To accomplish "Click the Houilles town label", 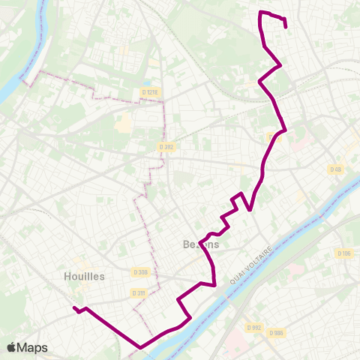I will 84,276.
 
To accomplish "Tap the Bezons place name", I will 201,244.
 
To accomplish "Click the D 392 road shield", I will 167,147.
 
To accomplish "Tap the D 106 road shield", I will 344,253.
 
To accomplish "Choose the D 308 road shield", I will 139,271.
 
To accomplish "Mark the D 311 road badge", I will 138,292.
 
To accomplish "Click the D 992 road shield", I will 254,327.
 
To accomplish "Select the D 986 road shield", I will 275,333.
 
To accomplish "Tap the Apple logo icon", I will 12,347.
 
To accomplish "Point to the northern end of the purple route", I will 286,27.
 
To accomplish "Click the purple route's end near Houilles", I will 74,307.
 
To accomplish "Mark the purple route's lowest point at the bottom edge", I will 140,347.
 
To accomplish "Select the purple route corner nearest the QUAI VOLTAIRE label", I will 215,284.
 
